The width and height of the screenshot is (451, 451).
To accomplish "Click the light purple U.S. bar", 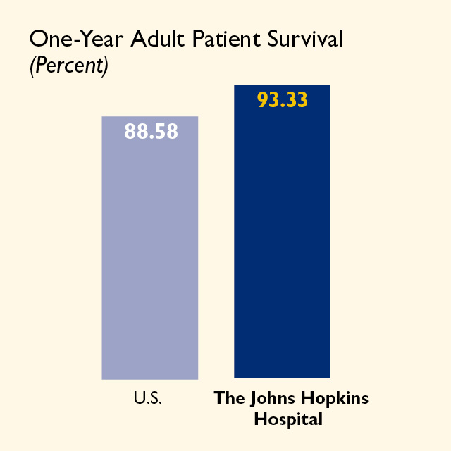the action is [x=150, y=248].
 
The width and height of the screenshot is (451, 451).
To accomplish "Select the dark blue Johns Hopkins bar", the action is [x=282, y=231].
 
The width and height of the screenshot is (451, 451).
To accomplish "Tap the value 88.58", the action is [x=151, y=132].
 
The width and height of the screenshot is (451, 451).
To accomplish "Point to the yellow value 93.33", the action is [x=283, y=100].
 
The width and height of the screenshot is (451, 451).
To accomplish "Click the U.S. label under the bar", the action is [x=148, y=398].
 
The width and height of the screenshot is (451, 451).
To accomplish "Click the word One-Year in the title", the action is [x=77, y=39].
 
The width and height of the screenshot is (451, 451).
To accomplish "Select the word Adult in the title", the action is [x=157, y=38].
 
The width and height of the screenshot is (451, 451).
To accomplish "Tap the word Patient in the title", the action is [x=227, y=38].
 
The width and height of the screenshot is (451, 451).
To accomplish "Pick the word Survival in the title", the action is [x=305, y=38].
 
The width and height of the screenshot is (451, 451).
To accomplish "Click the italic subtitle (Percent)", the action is [x=69, y=66].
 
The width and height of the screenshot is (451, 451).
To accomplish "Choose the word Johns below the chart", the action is [x=272, y=399].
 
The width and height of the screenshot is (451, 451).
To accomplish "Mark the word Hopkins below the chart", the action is [x=335, y=399].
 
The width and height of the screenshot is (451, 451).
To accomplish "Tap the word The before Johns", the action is [x=229, y=397].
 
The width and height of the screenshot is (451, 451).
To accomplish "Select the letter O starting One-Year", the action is [x=39, y=39].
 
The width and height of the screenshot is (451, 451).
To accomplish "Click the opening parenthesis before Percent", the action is [x=33, y=66].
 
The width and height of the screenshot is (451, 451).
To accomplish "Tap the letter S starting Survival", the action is [x=273, y=38].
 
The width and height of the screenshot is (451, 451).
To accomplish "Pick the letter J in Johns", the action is [x=253, y=399].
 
